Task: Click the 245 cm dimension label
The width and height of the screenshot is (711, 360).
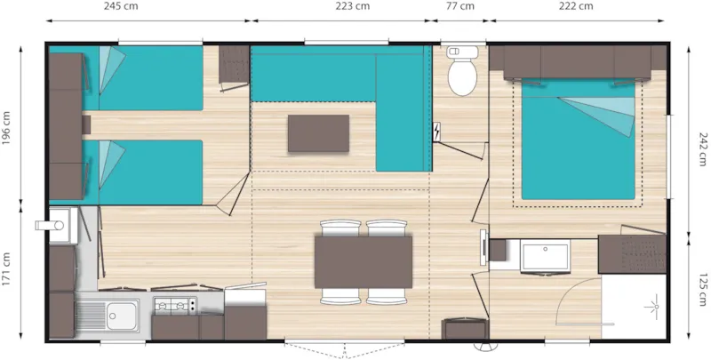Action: pyautogui.click(x=147, y=7)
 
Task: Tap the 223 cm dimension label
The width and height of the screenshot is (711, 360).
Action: pyautogui.click(x=352, y=7)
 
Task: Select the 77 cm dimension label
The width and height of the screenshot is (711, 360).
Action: pyautogui.click(x=459, y=7)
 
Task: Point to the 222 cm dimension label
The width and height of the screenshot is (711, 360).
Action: pyautogui.click(x=576, y=7)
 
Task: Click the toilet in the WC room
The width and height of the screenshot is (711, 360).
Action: pyautogui.click(x=462, y=76)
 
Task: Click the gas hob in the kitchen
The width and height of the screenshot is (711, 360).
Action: pyautogui.click(x=175, y=308)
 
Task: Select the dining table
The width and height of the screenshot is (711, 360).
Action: pyautogui.click(x=363, y=261)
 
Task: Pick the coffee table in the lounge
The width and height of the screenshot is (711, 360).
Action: pyautogui.click(x=318, y=133)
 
